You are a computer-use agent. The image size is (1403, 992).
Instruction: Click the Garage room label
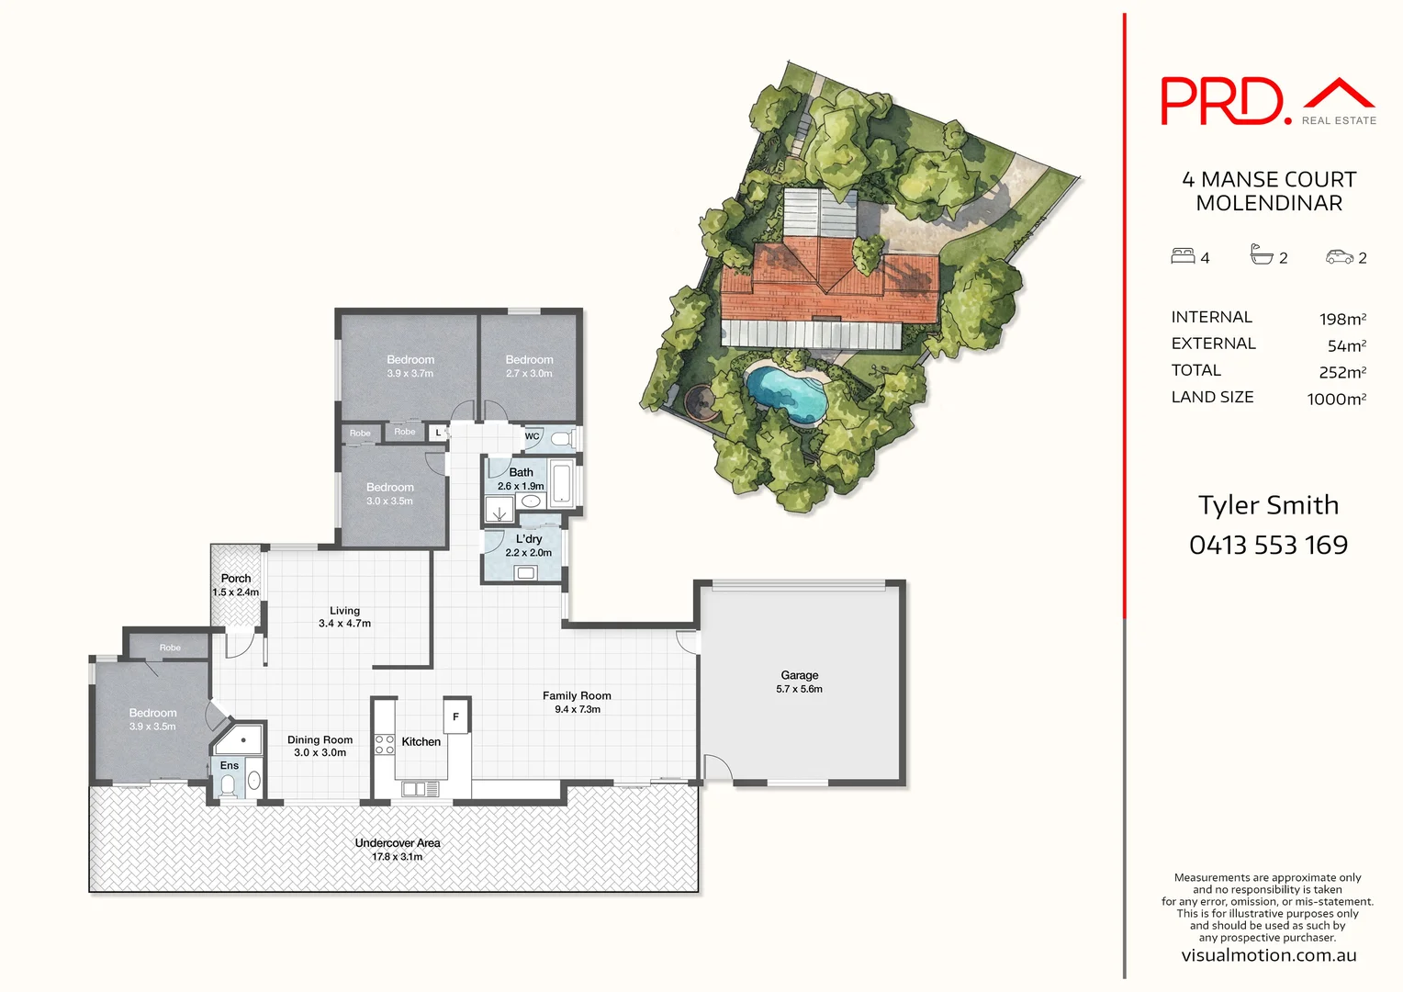click(799, 675)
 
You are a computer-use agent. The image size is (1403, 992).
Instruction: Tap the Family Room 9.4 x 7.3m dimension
click(577, 709)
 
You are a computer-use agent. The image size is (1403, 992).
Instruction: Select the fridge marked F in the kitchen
click(456, 716)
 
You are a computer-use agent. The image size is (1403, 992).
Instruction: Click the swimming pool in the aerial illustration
click(786, 392)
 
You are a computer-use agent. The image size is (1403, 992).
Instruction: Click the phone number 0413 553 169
click(1268, 546)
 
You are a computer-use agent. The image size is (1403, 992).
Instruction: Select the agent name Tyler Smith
click(1268, 505)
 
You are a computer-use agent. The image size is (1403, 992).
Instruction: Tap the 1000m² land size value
click(1336, 399)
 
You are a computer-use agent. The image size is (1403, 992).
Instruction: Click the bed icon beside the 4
click(1183, 256)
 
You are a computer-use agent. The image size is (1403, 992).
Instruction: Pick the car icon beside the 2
click(1340, 257)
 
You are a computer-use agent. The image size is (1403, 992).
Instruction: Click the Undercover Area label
click(398, 842)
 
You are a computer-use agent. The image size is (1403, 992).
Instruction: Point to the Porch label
click(236, 579)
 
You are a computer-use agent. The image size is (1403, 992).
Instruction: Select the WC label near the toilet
click(533, 436)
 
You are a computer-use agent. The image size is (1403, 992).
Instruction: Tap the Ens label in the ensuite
click(230, 765)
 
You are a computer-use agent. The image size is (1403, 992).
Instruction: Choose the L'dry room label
click(529, 539)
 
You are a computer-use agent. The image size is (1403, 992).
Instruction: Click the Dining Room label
click(320, 739)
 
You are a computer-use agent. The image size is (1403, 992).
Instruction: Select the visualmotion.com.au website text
click(1268, 955)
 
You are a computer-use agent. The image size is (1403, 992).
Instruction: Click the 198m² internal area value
click(1342, 319)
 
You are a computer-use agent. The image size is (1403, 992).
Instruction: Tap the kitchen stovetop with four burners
click(385, 744)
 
